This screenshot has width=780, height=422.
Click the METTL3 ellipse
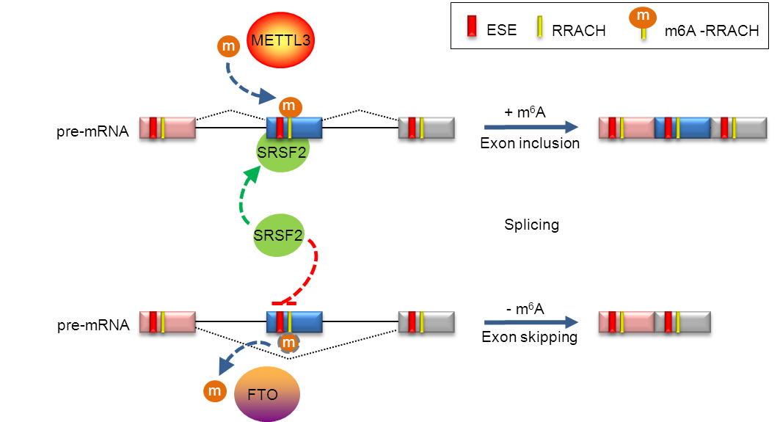280,40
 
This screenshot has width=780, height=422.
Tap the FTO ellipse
266,394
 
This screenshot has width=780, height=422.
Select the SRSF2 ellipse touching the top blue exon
283,153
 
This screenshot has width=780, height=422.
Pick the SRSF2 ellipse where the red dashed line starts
278,236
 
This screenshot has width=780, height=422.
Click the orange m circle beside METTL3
228,47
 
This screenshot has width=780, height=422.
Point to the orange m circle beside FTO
215,392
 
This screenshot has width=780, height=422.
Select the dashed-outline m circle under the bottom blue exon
289,342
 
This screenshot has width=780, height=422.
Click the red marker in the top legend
473,26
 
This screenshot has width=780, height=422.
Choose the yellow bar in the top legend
539,26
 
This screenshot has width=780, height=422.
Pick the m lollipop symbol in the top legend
643,19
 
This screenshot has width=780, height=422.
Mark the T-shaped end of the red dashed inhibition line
283,302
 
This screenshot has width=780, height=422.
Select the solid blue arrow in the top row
531,128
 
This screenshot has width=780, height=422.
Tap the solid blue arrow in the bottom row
531,322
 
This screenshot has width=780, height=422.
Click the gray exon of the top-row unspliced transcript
426,128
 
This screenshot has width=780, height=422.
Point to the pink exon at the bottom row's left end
167,322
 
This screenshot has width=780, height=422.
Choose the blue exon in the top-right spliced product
682,128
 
